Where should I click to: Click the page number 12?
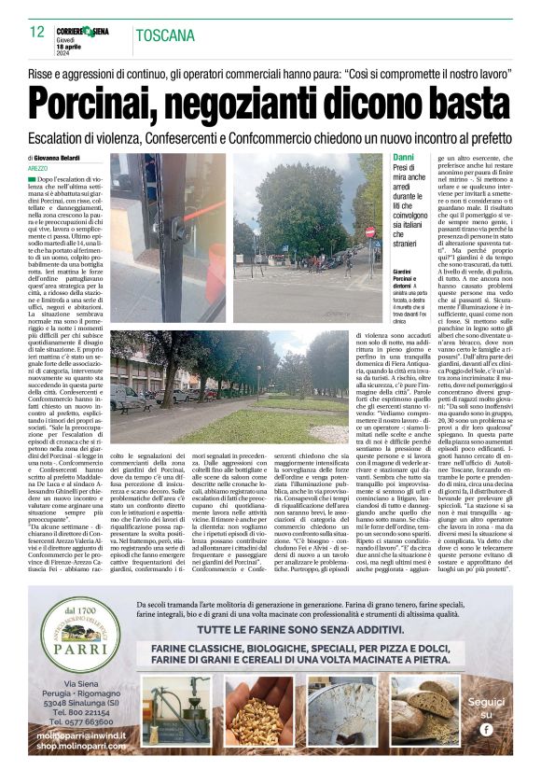point(36,32)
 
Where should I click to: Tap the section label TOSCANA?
point(164,36)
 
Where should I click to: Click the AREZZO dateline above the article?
point(38,168)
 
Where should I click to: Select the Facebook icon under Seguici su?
point(485,729)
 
